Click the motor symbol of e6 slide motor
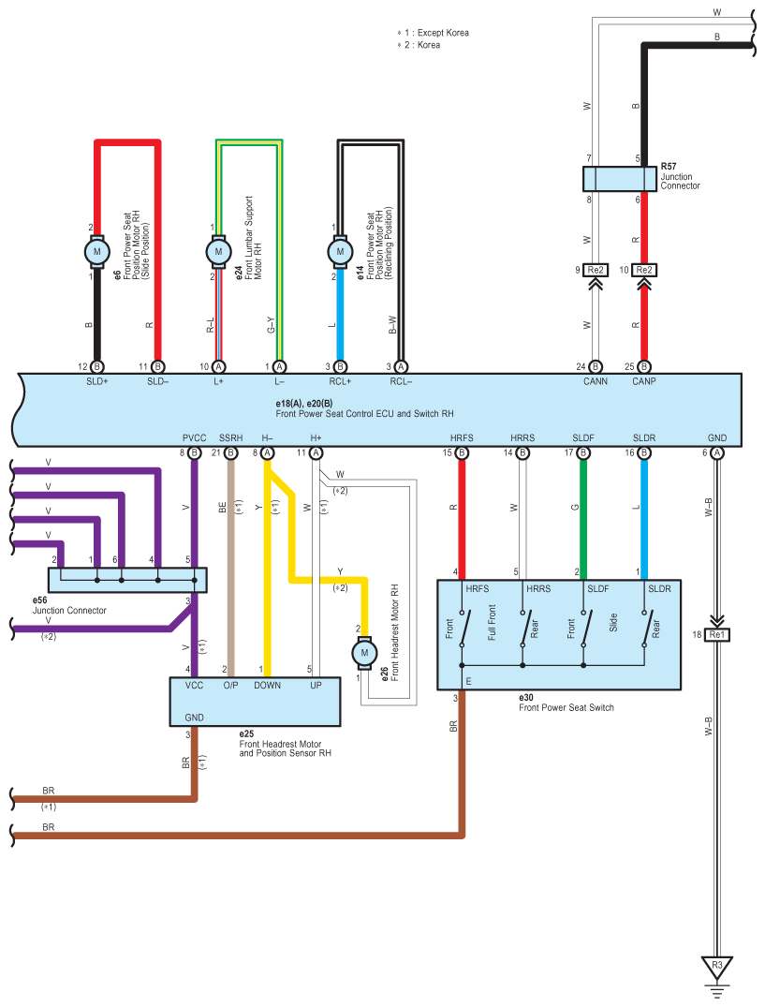[x=96, y=252]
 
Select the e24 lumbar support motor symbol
[x=218, y=252]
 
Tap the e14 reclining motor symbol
[x=340, y=252]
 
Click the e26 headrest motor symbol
[x=364, y=653]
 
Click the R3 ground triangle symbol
[x=717, y=967]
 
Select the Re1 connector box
[x=717, y=634]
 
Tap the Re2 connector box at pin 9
[x=596, y=270]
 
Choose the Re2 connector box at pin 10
[x=643, y=270]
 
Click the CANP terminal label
[x=643, y=381]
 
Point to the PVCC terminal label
[x=194, y=438]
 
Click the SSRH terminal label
[x=231, y=438]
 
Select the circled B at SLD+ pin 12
[x=96, y=366]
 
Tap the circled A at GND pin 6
[x=717, y=452]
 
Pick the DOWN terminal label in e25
[x=267, y=686]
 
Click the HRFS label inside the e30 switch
[x=478, y=589]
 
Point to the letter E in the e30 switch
[x=468, y=681]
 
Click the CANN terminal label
[x=596, y=381]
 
